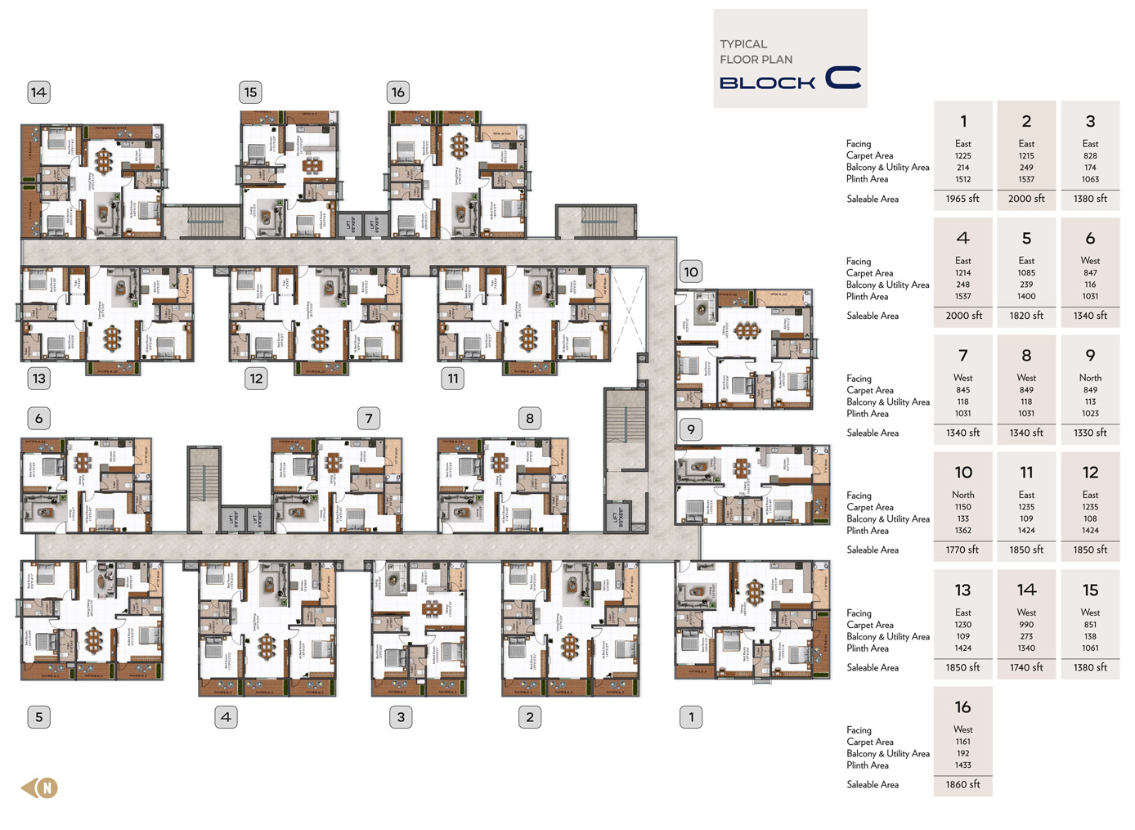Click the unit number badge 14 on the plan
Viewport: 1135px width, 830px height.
pos(38,92)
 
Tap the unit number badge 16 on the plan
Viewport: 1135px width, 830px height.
pos(397,92)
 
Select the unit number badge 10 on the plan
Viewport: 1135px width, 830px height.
pos(691,272)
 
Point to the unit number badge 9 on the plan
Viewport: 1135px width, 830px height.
pos(691,429)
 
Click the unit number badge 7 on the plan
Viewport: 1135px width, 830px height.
pos(369,419)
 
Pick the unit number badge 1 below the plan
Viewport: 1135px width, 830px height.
pos(691,717)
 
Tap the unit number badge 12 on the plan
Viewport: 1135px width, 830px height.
pos(256,379)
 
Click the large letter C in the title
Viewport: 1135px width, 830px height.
pos(843,78)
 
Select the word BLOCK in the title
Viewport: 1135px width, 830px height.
pos(767,83)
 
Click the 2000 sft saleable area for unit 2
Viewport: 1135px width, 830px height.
pos(1026,199)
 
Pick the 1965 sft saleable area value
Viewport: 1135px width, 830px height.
pos(962,199)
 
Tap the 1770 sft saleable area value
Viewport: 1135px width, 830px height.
pos(962,550)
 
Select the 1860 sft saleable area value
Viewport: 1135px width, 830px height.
pos(962,785)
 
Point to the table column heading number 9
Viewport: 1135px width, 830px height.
pos(1090,356)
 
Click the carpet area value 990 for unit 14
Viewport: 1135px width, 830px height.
pos(1026,625)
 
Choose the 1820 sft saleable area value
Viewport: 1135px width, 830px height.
pos(1026,316)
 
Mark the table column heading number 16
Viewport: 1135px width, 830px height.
pos(962,707)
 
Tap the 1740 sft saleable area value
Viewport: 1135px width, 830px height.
pos(1026,668)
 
